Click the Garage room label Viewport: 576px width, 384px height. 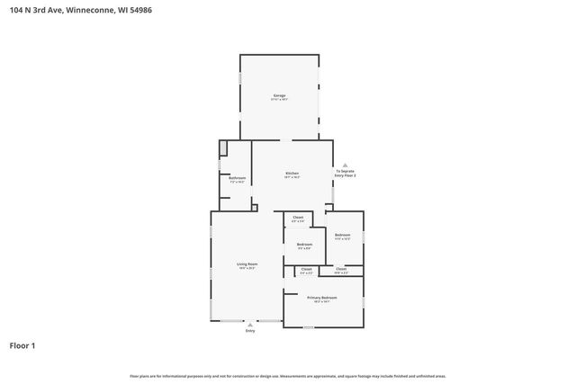coord(279,95)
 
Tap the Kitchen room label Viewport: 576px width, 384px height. coord(292,173)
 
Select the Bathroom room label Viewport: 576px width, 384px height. coord(237,178)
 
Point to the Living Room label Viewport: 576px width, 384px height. coord(247,263)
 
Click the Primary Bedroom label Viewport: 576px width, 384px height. coord(321,297)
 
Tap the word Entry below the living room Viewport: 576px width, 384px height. coord(250,331)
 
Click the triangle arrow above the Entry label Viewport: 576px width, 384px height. coord(250,324)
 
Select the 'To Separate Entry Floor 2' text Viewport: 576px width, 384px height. coord(346,173)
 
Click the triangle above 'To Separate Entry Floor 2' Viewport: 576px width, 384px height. coord(346,165)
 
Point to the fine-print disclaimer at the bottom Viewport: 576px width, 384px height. coord(287,376)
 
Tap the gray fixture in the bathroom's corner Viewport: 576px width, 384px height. coord(224,147)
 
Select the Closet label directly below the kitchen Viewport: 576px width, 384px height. coord(298,217)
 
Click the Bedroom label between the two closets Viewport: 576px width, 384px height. coord(304,244)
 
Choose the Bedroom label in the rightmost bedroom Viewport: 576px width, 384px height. coord(342,235)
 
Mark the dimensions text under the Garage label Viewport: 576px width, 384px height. coord(279,100)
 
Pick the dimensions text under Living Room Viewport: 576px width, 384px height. coord(247,268)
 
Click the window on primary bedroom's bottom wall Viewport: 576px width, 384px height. coord(308,327)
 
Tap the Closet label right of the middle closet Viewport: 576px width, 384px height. coord(341,268)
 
